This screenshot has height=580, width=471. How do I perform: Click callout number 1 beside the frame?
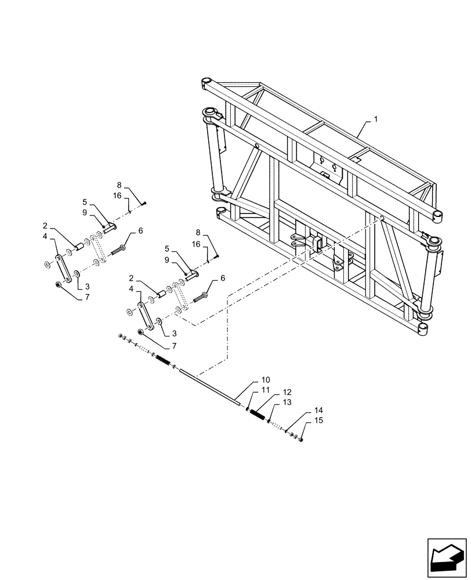point(376,119)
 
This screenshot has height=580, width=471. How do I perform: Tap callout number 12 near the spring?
point(287,393)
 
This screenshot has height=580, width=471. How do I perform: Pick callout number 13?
point(287,402)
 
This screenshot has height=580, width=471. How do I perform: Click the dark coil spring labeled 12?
point(258,415)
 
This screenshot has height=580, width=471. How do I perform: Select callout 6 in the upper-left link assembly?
point(140,231)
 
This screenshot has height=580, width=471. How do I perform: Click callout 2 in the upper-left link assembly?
point(45,226)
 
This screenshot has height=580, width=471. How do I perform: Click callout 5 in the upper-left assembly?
point(85,202)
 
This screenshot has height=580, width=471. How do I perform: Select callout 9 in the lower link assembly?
point(167,260)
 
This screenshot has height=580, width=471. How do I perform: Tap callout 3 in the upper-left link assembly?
point(87,286)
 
